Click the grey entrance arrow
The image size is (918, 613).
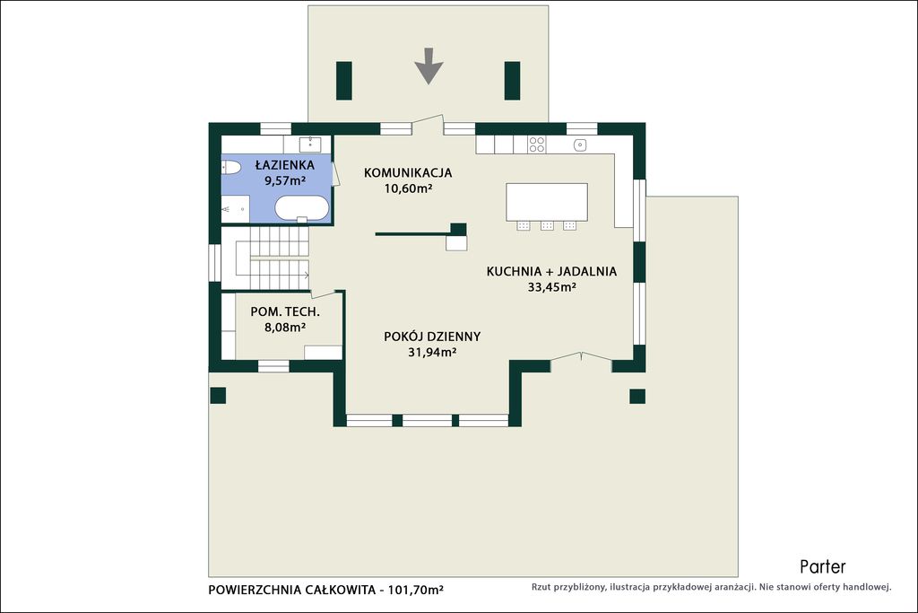tap(429, 66)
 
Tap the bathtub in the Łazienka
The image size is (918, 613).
tap(302, 208)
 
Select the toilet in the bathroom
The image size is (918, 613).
tap(231, 168)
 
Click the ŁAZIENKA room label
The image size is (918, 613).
tap(285, 165)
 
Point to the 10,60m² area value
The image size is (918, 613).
tap(408, 188)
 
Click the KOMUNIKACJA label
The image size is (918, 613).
tap(408, 173)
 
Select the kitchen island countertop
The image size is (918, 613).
tap(547, 202)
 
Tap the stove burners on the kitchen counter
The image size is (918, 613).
tap(537, 144)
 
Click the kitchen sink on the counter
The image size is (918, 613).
tap(580, 144)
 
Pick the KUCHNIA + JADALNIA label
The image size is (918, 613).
tap(551, 271)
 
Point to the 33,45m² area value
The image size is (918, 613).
tap(552, 287)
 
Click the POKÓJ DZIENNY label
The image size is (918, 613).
tap(432, 337)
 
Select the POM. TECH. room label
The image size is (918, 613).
tap(285, 311)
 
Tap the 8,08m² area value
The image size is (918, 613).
tap(285, 327)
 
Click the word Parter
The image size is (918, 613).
tap(823, 566)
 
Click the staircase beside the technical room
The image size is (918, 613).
tap(265, 258)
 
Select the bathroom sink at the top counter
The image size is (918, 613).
tap(309, 144)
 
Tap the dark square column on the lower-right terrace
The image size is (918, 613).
tap(637, 396)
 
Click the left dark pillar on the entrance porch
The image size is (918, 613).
tap(343, 81)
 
